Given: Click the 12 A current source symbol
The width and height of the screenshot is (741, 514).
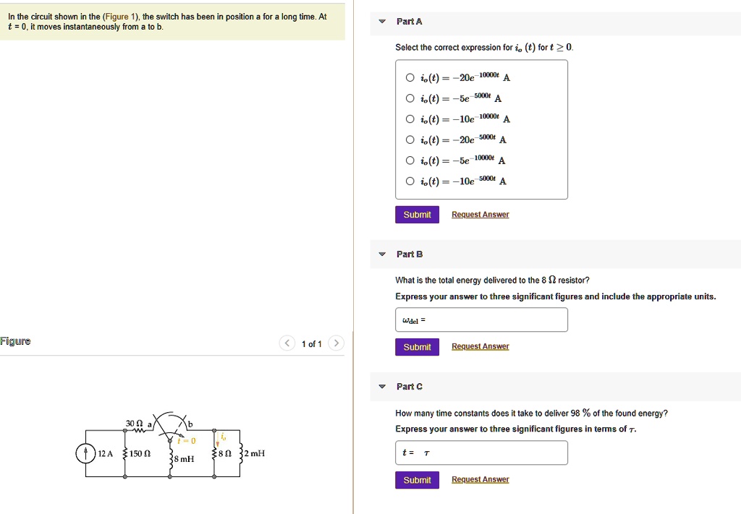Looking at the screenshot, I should pos(86,453).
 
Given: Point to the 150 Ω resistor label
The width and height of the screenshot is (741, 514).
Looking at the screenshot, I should pos(141,453).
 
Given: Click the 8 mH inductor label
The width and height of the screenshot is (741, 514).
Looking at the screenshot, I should pos(184,458).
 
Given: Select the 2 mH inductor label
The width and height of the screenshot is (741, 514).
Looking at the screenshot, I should pos(255,453).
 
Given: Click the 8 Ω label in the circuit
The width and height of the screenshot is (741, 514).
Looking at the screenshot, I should pos(226,453).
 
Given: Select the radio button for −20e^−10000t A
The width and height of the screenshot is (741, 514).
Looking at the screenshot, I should pos(410,78).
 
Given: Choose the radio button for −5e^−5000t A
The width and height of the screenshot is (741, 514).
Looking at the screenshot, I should pos(410,99).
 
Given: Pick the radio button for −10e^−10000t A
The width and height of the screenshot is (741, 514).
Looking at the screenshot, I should pos(410,119).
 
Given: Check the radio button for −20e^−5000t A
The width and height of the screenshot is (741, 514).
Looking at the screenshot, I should pos(410,140).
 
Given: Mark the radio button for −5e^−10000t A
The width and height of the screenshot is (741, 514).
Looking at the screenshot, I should pos(410,160).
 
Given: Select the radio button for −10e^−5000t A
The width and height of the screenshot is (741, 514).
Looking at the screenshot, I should pos(410,181).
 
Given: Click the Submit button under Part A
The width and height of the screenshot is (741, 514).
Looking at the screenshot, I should pos(417,215).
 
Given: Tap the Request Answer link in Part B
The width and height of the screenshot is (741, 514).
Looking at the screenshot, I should pos(480,347).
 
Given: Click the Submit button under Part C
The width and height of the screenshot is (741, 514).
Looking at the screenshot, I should pos(417,480).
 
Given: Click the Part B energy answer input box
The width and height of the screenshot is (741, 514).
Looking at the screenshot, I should pos(481,320).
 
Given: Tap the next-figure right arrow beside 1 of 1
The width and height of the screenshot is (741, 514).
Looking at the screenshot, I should pos(336,343).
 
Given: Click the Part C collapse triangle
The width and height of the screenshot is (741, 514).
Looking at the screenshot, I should pos(382,387).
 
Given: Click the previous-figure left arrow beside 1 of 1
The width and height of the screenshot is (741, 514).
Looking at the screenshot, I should pos(287,343).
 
